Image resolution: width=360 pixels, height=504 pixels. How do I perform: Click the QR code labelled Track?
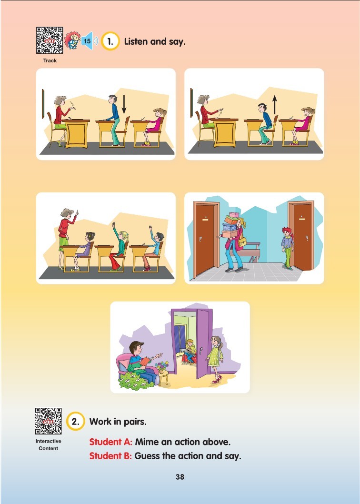tap(50, 40)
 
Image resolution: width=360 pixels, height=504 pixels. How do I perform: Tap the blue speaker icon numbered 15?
tap(89, 41)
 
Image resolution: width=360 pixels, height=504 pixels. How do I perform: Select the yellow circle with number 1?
tap(110, 41)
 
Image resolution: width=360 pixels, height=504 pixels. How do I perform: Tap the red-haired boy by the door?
tap(287, 248)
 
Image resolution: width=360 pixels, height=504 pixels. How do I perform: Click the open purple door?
tap(204, 343)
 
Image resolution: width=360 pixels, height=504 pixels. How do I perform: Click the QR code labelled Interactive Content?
tap(48, 421)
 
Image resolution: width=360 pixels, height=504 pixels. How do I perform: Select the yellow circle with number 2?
tap(76, 422)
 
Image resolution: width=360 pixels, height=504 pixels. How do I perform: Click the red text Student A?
tap(110, 442)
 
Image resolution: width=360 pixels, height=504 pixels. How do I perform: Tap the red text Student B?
tap(110, 456)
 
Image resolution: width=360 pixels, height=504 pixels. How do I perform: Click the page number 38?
tap(180, 477)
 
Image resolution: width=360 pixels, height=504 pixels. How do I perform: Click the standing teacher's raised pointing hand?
tap(77, 213)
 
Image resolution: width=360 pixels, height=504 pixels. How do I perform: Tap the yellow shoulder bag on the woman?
tap(242, 242)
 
